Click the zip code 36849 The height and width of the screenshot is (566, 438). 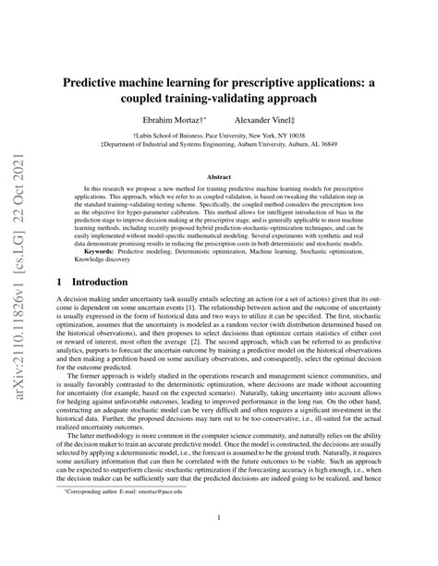[350, 145]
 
